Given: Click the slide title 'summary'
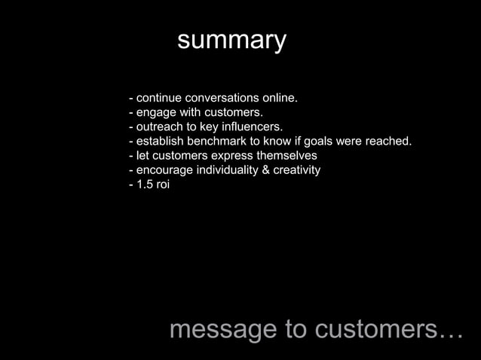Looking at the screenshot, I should point(231,41).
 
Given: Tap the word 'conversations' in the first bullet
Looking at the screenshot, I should point(220,99).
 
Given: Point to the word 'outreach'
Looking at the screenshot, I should point(159,127).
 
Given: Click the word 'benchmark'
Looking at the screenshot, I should point(224,142).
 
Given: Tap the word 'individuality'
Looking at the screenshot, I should point(228,170).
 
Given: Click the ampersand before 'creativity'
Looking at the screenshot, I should point(267,170).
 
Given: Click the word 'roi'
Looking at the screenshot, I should point(163,185).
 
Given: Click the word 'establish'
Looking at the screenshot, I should point(161,142).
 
